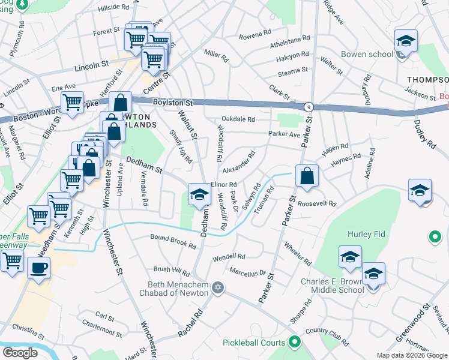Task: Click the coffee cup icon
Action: pos(39,268)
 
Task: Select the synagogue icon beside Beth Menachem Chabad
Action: pos(218,289)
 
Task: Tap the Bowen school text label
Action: pos(366,54)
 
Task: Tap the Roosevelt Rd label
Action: pos(317,204)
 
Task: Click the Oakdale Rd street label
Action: pos(239,119)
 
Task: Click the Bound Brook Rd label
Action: pos(173,241)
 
